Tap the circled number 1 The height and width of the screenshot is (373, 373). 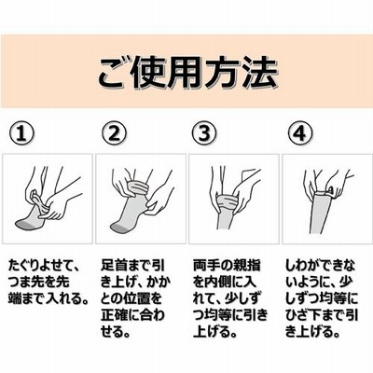[21, 133]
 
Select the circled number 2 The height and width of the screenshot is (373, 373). [114, 133]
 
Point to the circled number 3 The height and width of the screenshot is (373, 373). [204, 133]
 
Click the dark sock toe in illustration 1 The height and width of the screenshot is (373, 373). [24, 224]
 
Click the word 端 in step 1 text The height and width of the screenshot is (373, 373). [15, 298]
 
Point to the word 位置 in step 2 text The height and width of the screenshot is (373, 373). [136, 298]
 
